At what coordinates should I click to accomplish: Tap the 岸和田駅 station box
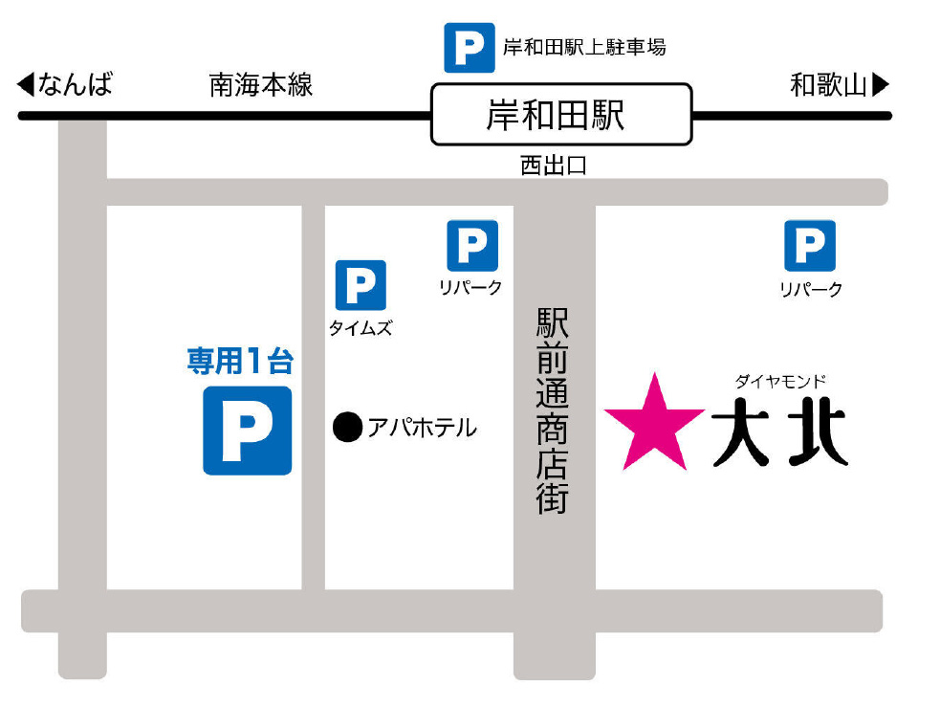click(560, 115)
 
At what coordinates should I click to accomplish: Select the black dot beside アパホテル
click(347, 427)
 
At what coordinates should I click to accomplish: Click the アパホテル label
click(422, 428)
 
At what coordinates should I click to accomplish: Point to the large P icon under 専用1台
click(247, 431)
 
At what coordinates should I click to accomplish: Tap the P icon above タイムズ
click(361, 285)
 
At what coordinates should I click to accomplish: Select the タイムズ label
click(361, 328)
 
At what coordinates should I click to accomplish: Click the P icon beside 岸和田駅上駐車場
click(469, 48)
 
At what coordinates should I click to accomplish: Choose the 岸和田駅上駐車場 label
click(584, 47)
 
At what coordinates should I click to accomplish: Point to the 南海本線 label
click(261, 85)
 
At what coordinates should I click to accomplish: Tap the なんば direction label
click(76, 85)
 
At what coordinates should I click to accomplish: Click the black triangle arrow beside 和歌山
click(881, 85)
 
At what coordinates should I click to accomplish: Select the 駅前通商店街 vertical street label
click(553, 410)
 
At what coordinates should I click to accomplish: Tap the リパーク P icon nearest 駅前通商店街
click(472, 245)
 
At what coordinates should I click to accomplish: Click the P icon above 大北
click(810, 245)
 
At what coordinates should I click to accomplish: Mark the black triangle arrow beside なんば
click(26, 85)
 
